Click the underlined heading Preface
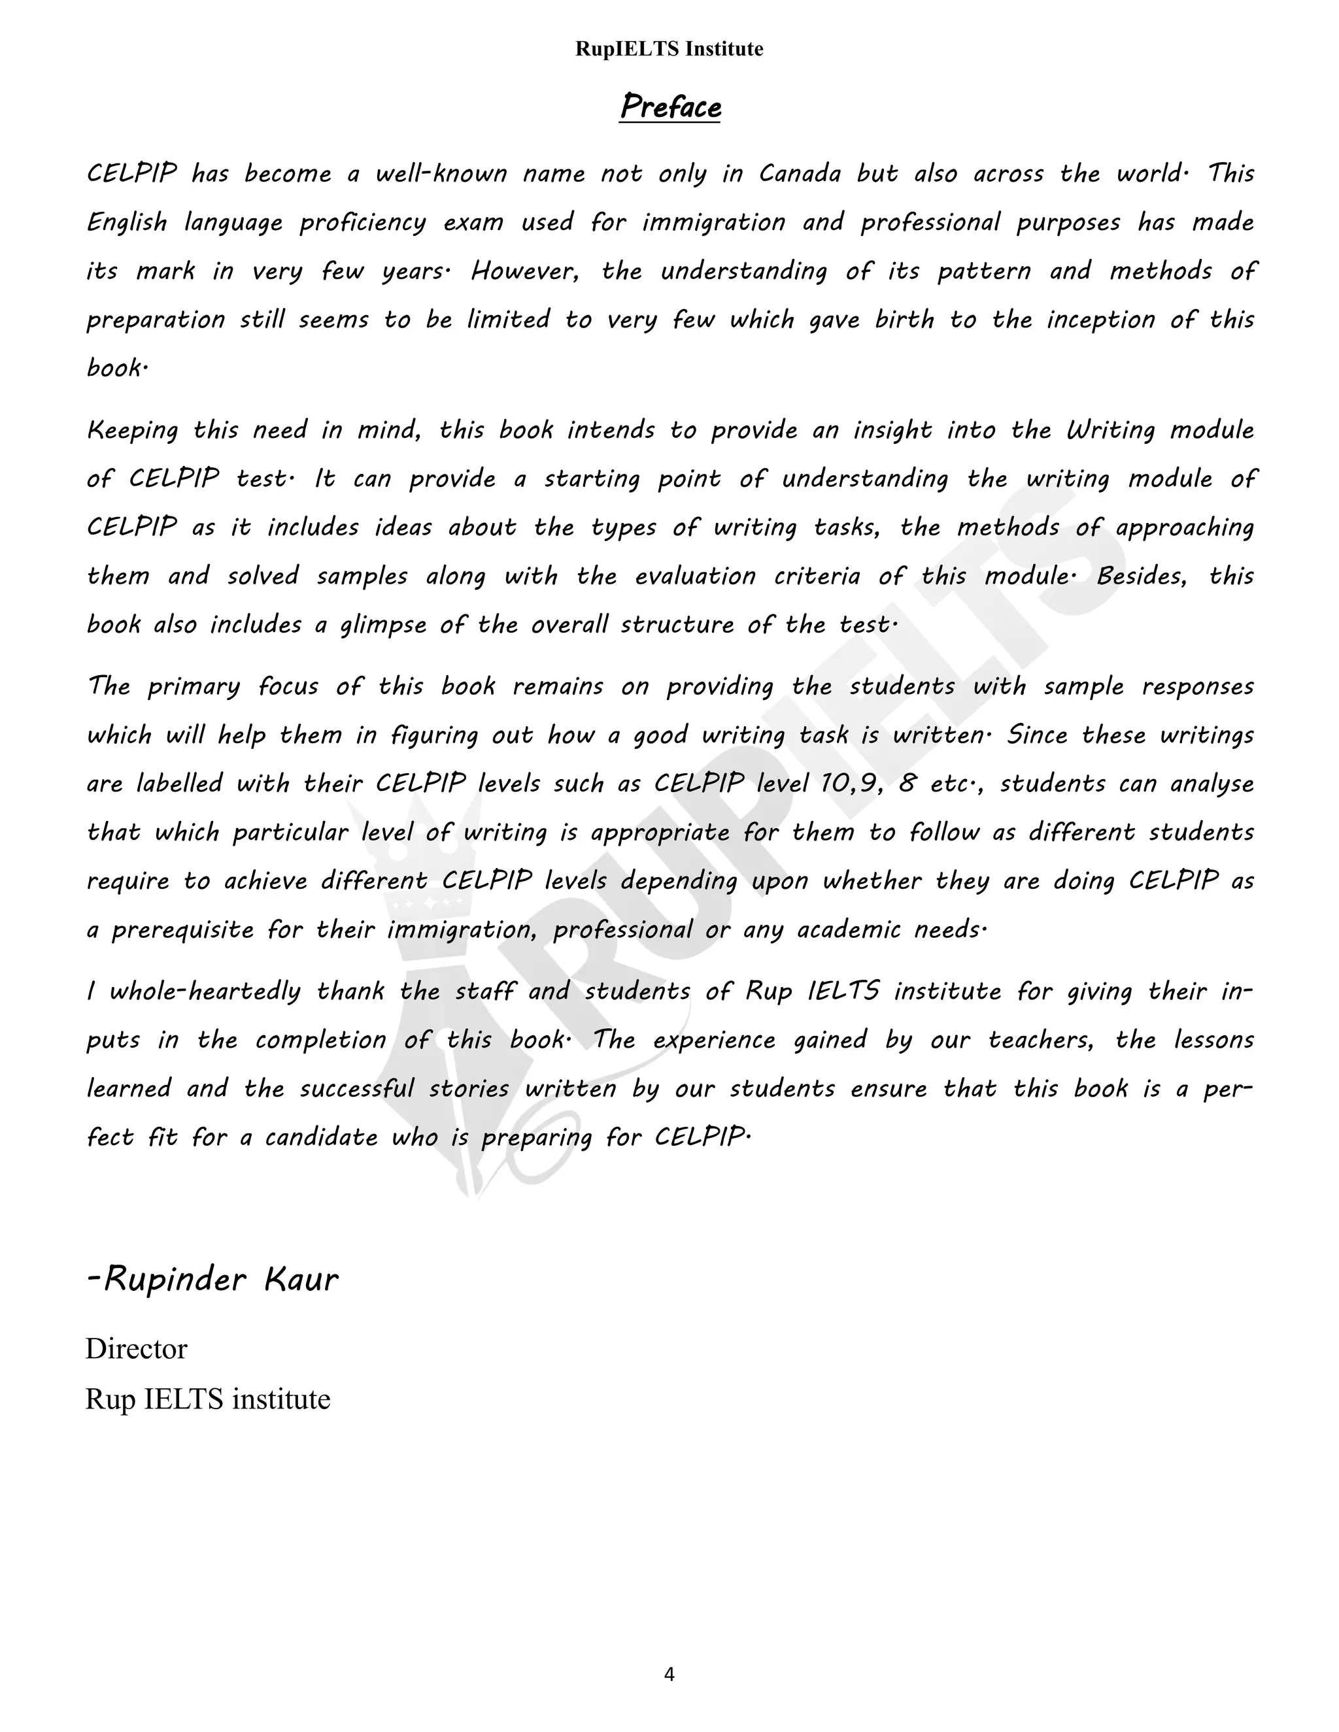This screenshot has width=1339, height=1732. tap(670, 107)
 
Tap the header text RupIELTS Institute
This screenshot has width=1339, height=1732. tap(669, 49)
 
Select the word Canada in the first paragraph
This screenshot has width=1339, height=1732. tap(800, 174)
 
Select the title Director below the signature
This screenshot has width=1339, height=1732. tap(137, 1349)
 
